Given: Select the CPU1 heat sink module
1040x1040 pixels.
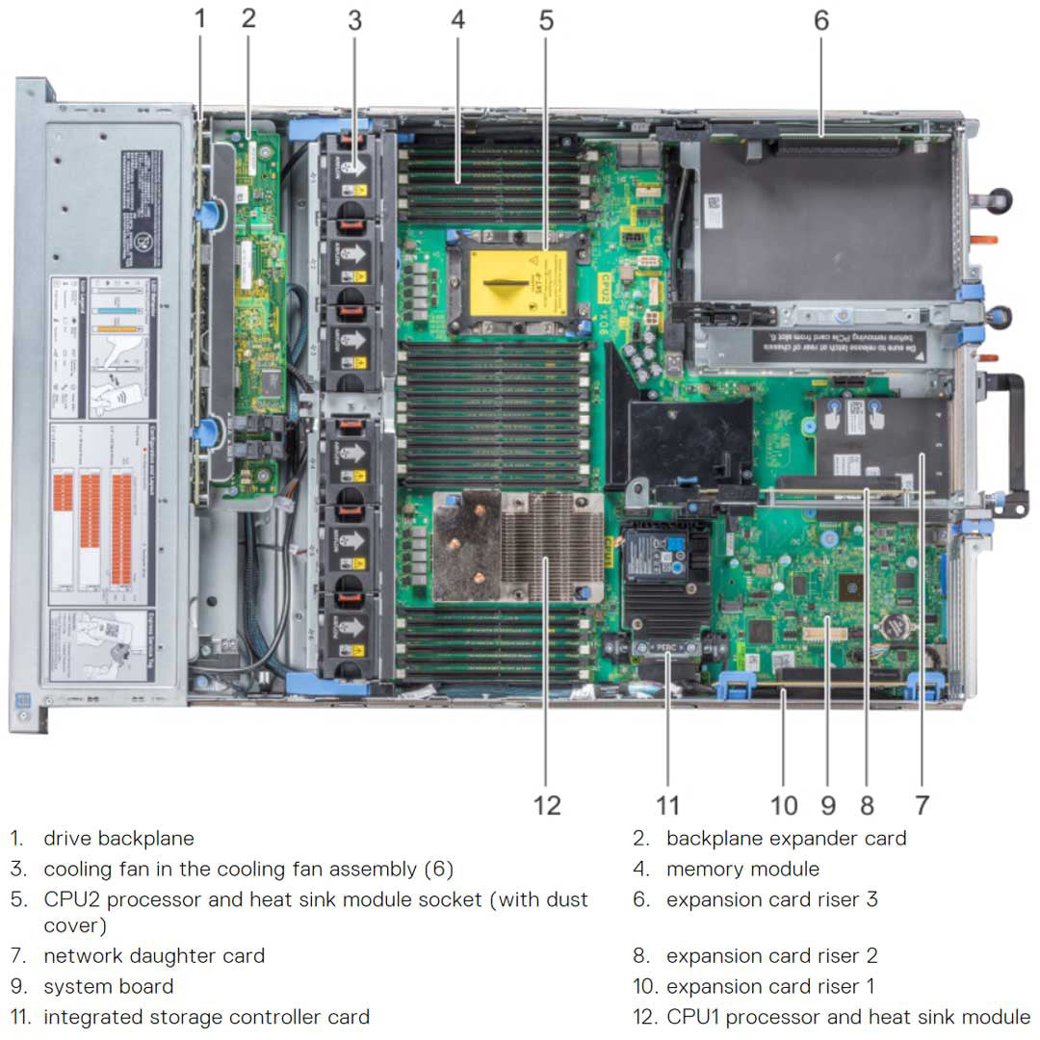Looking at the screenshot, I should pyautogui.click(x=518, y=547).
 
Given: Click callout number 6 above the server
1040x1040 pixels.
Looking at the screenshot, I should pyautogui.click(x=820, y=20).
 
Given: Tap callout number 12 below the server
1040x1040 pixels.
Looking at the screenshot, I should pyautogui.click(x=546, y=805).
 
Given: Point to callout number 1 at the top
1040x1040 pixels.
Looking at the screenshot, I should pyautogui.click(x=200, y=18).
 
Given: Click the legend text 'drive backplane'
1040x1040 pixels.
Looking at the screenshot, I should pyautogui.click(x=118, y=839).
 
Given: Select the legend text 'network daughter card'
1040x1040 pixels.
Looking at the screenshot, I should pyautogui.click(x=154, y=956).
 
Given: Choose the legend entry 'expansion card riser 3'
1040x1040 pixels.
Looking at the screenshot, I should pyautogui.click(x=771, y=899).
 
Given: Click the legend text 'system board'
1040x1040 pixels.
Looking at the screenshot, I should pyautogui.click(x=109, y=987).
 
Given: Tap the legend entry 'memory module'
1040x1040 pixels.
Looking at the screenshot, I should pyautogui.click(x=742, y=870).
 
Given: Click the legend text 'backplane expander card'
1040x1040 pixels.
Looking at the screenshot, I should pyautogui.click(x=786, y=839).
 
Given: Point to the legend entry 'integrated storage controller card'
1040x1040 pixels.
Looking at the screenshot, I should pyautogui.click(x=206, y=1017).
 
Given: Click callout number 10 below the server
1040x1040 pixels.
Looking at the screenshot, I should pyautogui.click(x=784, y=805).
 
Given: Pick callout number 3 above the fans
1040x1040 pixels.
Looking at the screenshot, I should pyautogui.click(x=354, y=20).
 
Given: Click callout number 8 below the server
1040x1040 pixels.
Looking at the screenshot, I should pyautogui.click(x=868, y=805).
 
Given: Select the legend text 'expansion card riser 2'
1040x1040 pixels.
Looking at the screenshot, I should pyautogui.click(x=771, y=956).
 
